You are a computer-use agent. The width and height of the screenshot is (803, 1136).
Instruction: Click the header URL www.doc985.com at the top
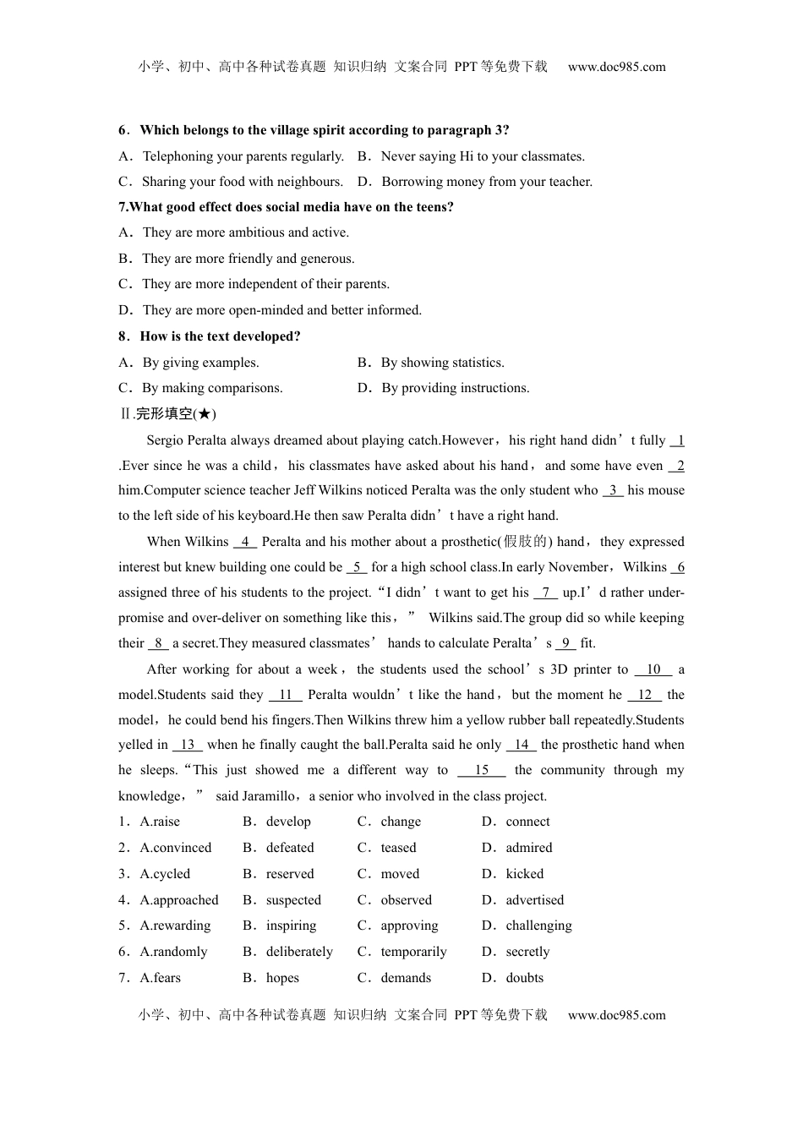pyautogui.click(x=616, y=67)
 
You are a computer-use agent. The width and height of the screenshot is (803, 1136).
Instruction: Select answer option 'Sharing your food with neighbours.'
pyautogui.click(x=242, y=182)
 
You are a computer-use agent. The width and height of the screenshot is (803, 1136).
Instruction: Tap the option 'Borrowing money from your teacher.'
pyautogui.click(x=486, y=182)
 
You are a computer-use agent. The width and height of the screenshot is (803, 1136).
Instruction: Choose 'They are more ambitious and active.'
pyautogui.click(x=245, y=232)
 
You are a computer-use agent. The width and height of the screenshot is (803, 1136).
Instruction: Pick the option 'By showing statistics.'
pyautogui.click(x=442, y=363)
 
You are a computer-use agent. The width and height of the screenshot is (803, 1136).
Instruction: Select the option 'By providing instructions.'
pyautogui.click(x=455, y=388)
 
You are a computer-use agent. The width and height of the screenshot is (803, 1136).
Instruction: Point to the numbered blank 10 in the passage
pyautogui.click(x=653, y=669)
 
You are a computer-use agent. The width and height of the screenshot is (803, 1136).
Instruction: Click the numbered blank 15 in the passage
pyautogui.click(x=482, y=770)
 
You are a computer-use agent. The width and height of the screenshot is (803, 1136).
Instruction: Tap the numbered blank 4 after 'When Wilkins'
pyautogui.click(x=244, y=542)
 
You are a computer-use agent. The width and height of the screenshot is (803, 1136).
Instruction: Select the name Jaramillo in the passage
pyautogui.click(x=255, y=796)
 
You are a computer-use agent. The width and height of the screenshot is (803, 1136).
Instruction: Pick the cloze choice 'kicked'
pyautogui.click(x=524, y=874)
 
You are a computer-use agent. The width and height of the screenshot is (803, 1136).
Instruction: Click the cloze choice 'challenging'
pyautogui.click(x=538, y=926)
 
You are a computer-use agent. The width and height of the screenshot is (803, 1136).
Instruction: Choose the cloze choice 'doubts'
pyautogui.click(x=524, y=978)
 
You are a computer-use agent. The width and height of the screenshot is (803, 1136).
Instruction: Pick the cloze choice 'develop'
pyautogui.click(x=288, y=822)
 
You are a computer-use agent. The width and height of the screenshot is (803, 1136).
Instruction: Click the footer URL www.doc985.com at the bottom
pyautogui.click(x=616, y=1015)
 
